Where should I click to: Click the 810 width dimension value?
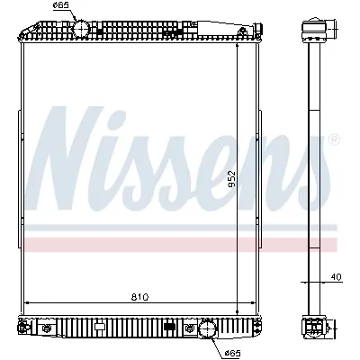136,294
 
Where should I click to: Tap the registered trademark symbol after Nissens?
335,139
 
